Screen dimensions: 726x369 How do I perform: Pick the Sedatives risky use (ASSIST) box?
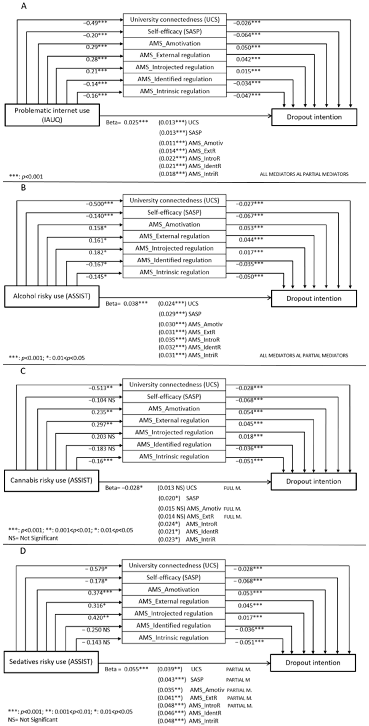51,661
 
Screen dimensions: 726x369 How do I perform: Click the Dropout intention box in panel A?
314,117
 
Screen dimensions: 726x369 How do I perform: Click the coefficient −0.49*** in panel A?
95,23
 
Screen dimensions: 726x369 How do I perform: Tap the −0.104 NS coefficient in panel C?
102,400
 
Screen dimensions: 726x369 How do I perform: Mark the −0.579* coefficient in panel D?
96,569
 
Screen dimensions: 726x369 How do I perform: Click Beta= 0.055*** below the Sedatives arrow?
127,669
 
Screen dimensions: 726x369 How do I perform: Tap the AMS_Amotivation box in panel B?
174,225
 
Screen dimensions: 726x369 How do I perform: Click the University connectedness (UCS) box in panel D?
174,565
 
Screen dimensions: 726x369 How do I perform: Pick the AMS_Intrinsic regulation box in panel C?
174,457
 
